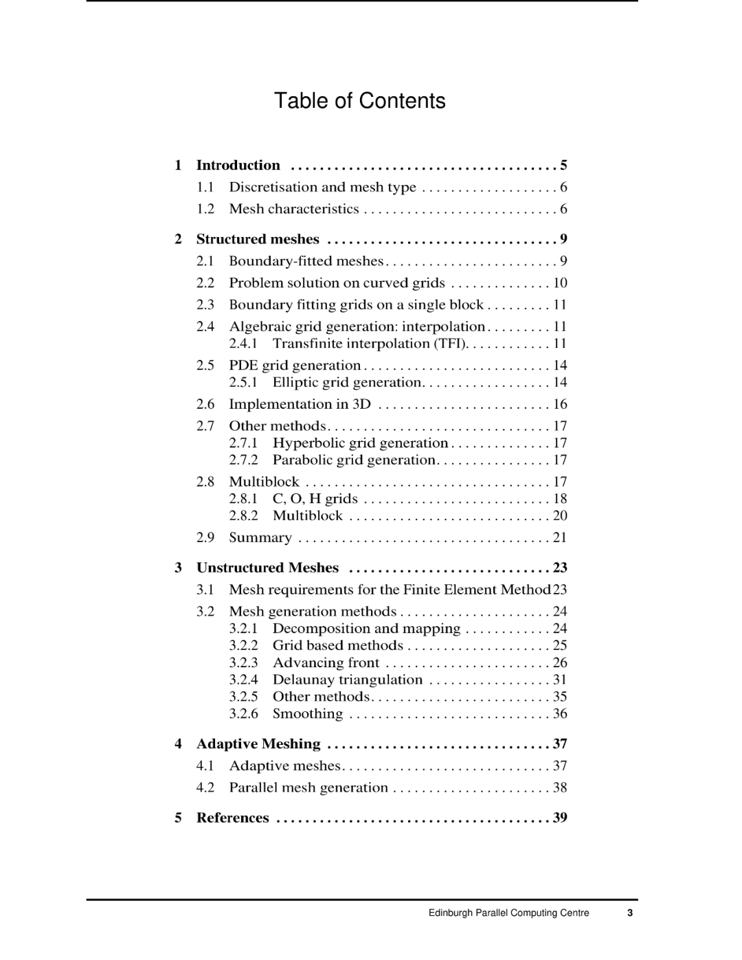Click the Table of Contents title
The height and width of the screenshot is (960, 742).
pos(359,101)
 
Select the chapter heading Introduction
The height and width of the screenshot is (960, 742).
pos(238,165)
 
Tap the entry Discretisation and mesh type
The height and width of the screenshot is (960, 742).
pos(322,187)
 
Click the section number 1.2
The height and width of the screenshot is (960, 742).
pos(205,209)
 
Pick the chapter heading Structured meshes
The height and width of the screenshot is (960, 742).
pos(258,239)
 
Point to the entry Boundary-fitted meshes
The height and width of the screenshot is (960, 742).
pos(306,261)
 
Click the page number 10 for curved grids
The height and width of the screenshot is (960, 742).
pos(560,283)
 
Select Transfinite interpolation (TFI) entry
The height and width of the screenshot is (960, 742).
pos(370,344)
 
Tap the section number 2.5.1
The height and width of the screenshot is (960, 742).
pos(243,382)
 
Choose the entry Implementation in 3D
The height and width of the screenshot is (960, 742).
pos(300,404)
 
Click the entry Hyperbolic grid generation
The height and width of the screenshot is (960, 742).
pos(360,443)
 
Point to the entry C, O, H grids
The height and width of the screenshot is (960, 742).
pos(315,499)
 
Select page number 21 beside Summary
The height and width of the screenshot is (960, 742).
pos(560,537)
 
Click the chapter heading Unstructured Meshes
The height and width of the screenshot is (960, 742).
pos(267,568)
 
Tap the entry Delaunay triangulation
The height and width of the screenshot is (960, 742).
pos(348,680)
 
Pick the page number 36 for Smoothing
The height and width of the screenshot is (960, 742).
pos(560,713)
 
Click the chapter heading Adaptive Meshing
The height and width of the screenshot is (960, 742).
pos(258,744)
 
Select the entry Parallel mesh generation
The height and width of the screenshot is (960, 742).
pos(308,788)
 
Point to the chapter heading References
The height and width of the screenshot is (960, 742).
pos(232,818)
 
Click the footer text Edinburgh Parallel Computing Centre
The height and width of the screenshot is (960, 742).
pos(508,913)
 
